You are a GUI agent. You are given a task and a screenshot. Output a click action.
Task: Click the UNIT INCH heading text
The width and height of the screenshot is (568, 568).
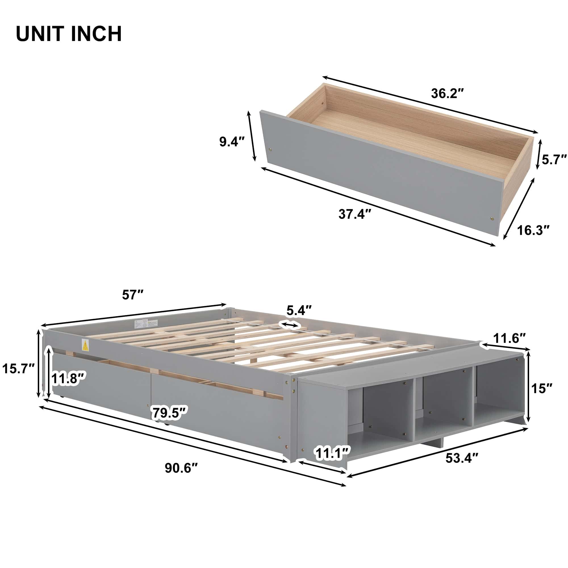(x=69, y=34)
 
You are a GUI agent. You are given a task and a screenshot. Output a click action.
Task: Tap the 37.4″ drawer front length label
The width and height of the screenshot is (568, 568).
(x=355, y=214)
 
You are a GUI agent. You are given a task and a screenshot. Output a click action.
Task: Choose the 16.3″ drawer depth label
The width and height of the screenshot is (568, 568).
(x=533, y=230)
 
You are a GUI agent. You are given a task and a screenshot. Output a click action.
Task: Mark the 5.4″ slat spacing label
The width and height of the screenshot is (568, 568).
(x=299, y=310)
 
